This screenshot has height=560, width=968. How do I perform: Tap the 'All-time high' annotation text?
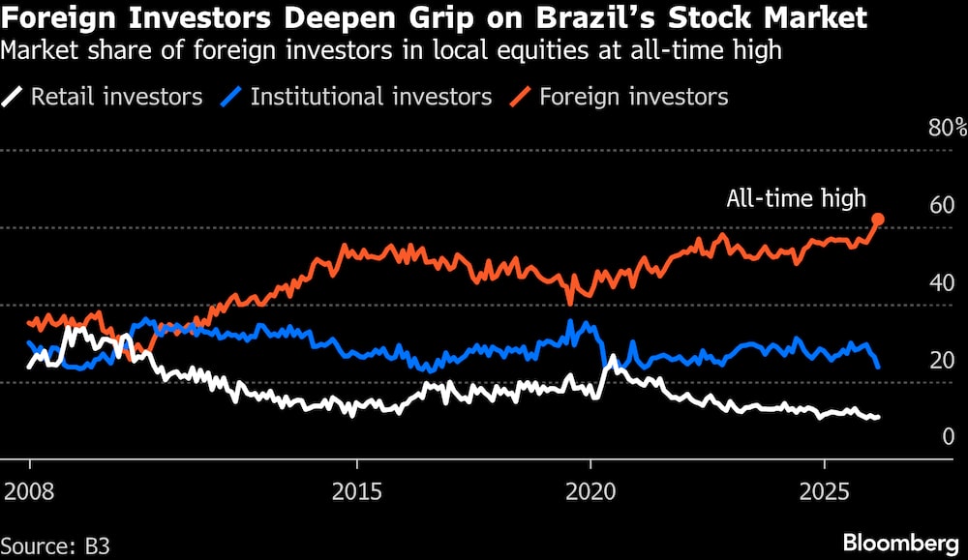point(796,199)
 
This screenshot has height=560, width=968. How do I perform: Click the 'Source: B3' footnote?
point(55,545)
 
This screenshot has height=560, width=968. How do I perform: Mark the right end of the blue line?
point(878,367)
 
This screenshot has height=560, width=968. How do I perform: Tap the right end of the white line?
point(878,417)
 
